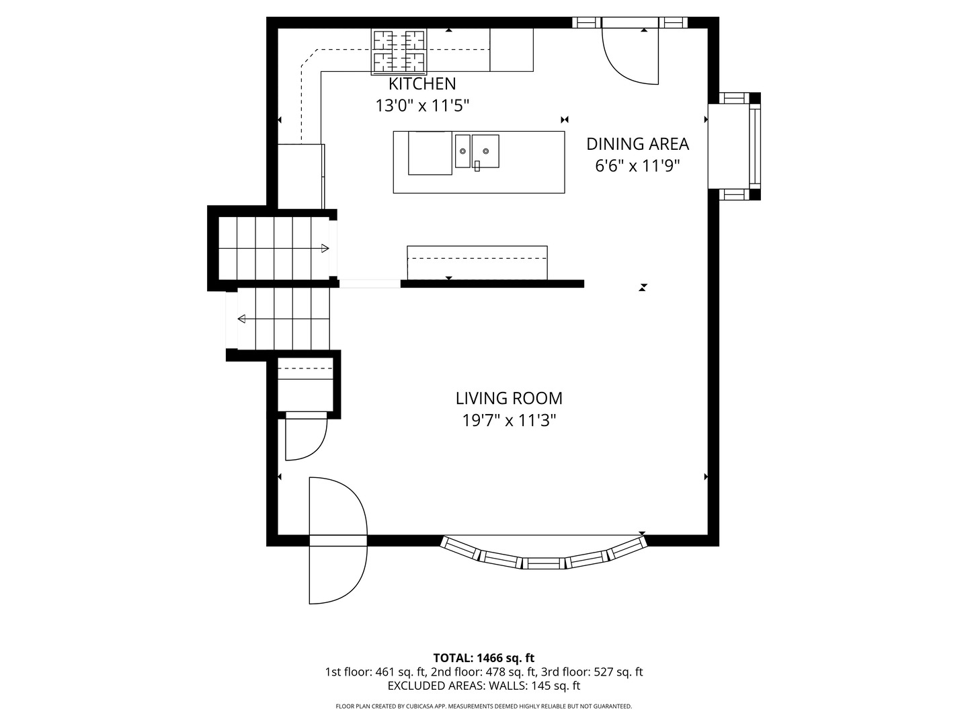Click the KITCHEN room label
coord(421,83)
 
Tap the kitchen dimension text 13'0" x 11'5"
coord(421,106)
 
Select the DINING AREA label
coord(637,144)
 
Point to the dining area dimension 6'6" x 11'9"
coord(637,166)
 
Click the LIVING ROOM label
coord(509,398)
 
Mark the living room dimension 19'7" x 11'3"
coord(509,421)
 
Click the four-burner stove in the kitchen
coord(399,52)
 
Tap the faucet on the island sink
coord(477,166)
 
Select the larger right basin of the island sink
coord(485,151)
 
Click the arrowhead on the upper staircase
coord(325,248)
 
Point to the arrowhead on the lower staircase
coord(242,319)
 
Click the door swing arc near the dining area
coord(616,66)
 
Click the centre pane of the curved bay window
coord(543,563)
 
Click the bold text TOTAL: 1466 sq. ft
coord(484,657)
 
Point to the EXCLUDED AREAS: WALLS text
coord(458,686)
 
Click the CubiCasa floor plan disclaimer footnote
coord(484,706)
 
